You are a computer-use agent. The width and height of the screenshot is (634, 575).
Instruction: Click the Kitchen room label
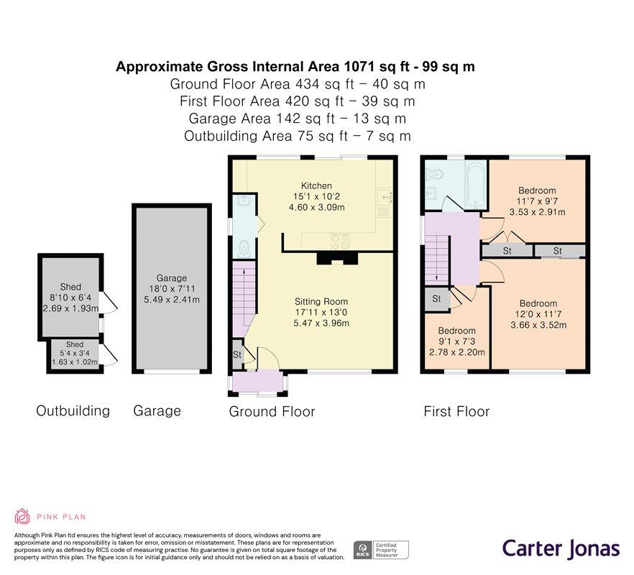coord(316,186)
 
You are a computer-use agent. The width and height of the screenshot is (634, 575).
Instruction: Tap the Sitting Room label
coord(321,302)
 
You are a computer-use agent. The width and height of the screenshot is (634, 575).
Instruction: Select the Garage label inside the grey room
coord(172,278)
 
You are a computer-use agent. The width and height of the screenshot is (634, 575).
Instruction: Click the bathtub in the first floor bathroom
coord(476,185)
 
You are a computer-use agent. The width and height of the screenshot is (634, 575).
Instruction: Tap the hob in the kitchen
coord(340,241)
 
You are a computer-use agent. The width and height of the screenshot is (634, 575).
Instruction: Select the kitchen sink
coord(384,198)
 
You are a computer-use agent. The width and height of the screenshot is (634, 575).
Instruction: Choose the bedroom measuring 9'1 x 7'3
coord(457,341)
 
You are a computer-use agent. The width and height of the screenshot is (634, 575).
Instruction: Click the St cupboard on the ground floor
coord(237,354)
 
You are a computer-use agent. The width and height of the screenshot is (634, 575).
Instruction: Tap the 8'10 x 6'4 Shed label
coord(70,287)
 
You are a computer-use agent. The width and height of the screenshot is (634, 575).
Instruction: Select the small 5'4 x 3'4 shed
coord(75,353)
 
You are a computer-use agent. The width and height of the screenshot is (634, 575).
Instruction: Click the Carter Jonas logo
coord(561,549)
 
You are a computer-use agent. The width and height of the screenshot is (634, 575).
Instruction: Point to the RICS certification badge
coord(381,551)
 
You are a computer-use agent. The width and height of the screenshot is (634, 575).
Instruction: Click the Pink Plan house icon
coord(22,516)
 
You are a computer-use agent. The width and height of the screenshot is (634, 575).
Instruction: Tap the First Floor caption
coord(456,412)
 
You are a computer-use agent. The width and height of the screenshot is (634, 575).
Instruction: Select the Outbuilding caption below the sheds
coord(73,411)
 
